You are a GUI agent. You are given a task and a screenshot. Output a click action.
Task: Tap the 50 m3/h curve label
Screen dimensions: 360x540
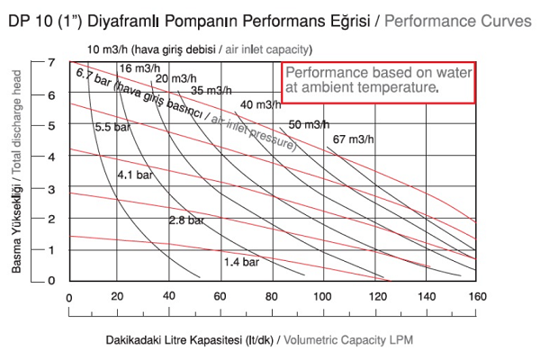click(x=309, y=124)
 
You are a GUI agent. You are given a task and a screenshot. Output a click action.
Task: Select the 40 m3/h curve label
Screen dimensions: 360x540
click(x=261, y=105)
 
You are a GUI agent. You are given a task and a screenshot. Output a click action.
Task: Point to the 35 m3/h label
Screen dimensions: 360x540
click(x=211, y=90)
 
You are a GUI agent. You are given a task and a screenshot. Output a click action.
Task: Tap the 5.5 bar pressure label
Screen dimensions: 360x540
click(x=114, y=128)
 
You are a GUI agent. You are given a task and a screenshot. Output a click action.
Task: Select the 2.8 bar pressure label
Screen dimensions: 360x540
click(x=188, y=220)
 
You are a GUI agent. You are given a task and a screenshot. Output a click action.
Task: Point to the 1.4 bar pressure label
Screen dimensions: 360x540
click(x=241, y=262)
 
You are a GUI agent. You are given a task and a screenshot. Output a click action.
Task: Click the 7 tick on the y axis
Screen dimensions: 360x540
click(x=53, y=62)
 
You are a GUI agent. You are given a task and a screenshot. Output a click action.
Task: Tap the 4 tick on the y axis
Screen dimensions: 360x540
click(x=53, y=156)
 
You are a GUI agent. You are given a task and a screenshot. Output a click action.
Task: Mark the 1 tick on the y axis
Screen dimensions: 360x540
click(x=53, y=249)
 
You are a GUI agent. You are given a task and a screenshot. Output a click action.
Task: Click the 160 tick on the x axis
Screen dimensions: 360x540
click(x=478, y=296)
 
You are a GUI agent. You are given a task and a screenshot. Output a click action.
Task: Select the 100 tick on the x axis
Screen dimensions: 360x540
click(x=322, y=296)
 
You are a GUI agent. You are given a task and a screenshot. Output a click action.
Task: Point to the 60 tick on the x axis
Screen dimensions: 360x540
click(x=219, y=296)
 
